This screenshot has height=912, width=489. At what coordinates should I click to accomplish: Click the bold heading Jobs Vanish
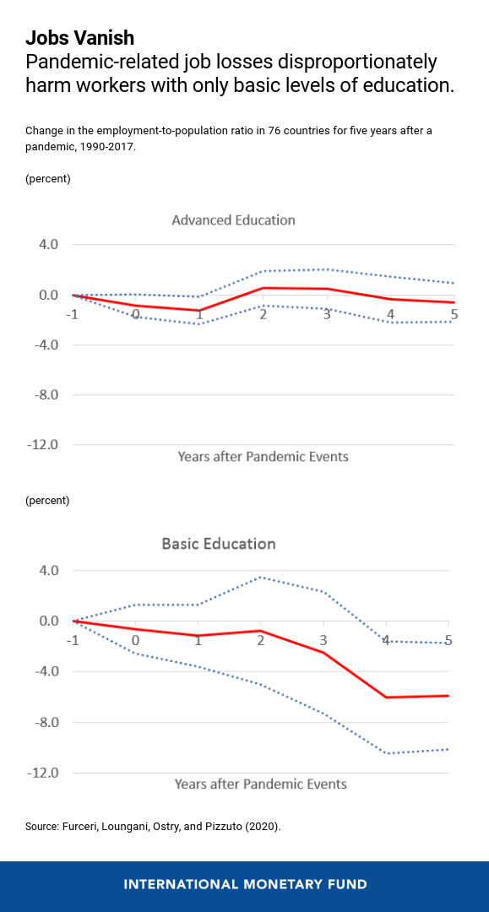(x=79, y=38)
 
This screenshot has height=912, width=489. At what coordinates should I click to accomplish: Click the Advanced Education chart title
(x=233, y=220)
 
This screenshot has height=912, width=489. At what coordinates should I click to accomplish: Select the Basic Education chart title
(x=219, y=544)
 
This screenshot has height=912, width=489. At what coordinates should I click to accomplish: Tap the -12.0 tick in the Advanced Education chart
(x=42, y=445)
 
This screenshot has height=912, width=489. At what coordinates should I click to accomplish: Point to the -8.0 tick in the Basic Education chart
(x=42, y=722)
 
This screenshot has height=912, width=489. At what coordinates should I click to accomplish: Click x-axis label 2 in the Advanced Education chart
(x=264, y=315)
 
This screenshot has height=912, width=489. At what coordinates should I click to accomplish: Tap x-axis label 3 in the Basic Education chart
(x=323, y=641)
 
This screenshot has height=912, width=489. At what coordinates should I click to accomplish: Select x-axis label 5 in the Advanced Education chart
(x=454, y=315)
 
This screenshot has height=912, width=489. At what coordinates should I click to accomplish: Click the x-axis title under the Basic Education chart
(x=261, y=784)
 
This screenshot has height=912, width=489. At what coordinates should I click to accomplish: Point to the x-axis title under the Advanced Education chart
(x=263, y=457)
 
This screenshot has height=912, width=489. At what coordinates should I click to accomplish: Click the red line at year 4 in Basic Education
(x=386, y=697)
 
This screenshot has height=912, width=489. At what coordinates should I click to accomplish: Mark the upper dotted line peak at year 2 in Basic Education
(x=261, y=578)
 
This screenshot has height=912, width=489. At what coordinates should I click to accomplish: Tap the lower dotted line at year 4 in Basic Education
(x=386, y=752)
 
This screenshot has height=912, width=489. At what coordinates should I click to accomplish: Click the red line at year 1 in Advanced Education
(x=200, y=310)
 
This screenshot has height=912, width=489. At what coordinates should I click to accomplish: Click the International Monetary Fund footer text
(x=245, y=885)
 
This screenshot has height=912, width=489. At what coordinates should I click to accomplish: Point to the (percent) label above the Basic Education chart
(x=48, y=501)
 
